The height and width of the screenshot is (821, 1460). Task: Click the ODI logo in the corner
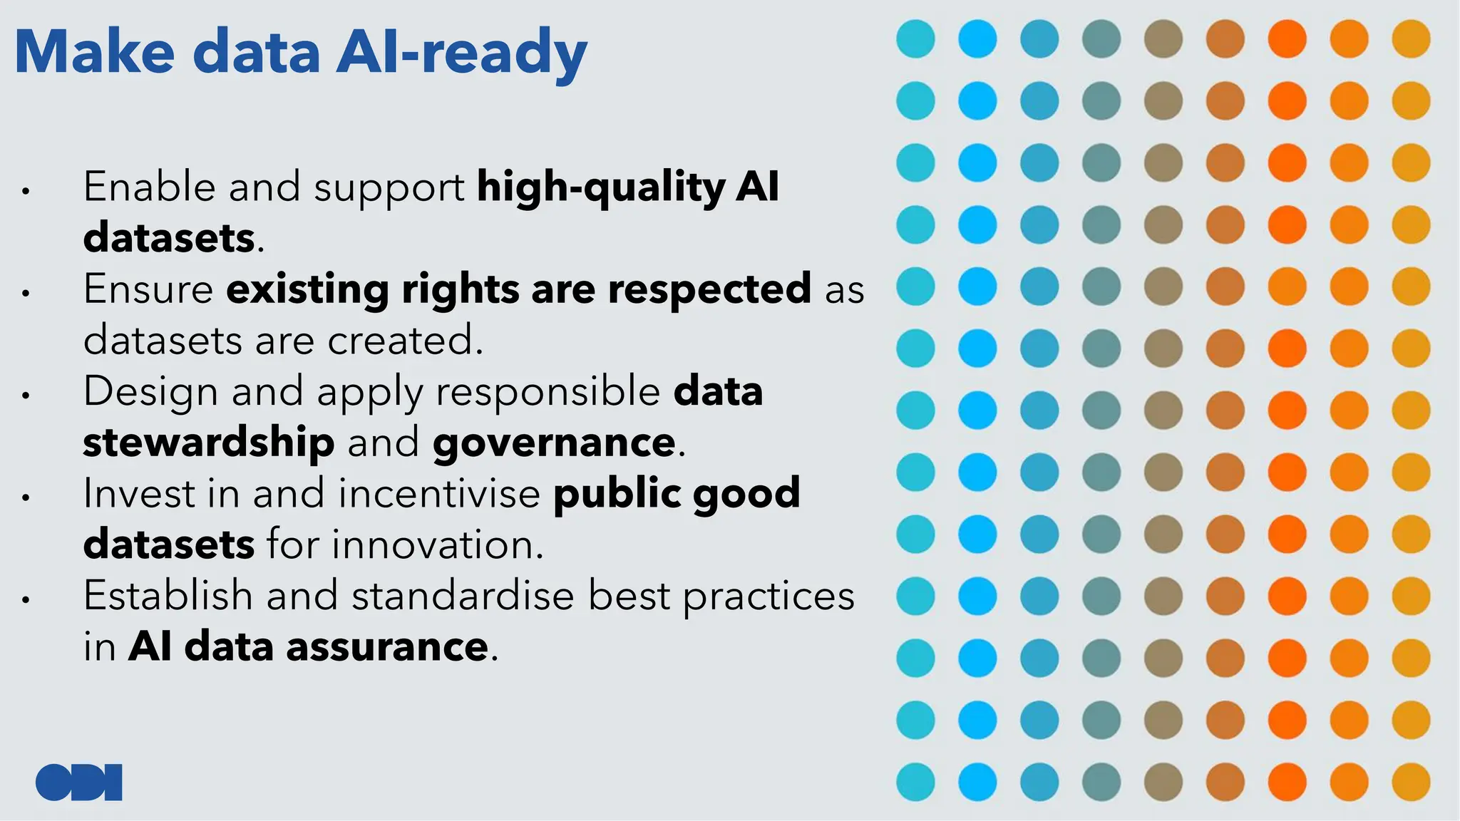(x=78, y=782)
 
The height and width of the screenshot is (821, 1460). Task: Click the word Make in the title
(x=94, y=53)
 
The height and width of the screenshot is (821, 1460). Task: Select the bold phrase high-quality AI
(x=627, y=187)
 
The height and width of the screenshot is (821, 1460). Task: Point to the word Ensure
(x=148, y=289)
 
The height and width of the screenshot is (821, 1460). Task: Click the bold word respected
(x=709, y=289)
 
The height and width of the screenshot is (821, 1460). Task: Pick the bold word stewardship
(x=208, y=443)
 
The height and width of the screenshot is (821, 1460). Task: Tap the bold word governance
(x=554, y=443)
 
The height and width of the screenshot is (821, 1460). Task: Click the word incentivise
(x=439, y=493)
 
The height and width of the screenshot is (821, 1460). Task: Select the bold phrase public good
(x=677, y=493)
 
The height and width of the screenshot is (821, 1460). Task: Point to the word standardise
(x=462, y=596)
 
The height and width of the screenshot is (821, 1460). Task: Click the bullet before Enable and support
(x=26, y=191)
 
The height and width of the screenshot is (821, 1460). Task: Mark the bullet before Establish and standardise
(x=26, y=600)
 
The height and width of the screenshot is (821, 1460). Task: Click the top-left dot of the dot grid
(x=915, y=38)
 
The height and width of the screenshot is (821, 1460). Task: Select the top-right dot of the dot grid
(x=1411, y=38)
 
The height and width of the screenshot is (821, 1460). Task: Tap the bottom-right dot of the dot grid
(x=1411, y=782)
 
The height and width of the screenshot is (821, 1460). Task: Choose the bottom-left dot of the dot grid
(x=915, y=782)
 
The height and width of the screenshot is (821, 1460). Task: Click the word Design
(x=150, y=391)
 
